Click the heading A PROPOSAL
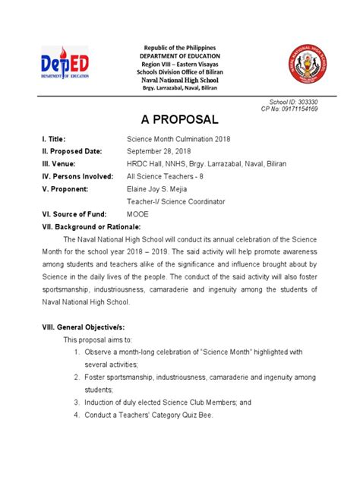click(x=180, y=120)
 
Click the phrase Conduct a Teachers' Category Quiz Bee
click(x=155, y=415)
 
